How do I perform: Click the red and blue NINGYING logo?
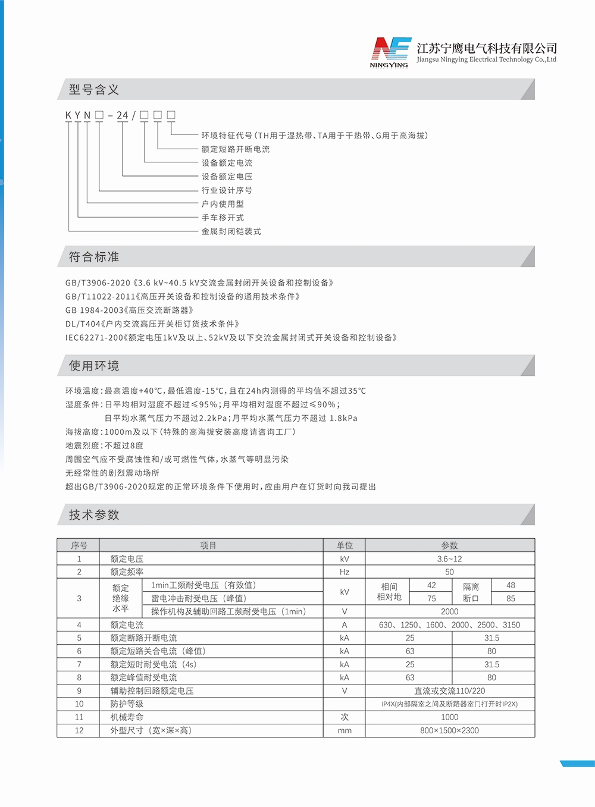tap(390, 52)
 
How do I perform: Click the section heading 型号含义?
tap(94, 90)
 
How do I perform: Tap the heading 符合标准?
tap(94, 257)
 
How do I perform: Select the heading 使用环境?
tap(94, 366)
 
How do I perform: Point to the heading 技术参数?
tap(94, 515)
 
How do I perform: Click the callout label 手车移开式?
tap(223, 218)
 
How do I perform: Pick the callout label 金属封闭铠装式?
tap(231, 231)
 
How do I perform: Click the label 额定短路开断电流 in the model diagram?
tap(235, 149)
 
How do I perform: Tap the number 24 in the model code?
tap(122, 115)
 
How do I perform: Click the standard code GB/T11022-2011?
tap(100, 297)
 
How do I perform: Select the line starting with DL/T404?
tap(152, 324)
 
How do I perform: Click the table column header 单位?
tap(345, 545)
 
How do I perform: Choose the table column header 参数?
tap(449, 545)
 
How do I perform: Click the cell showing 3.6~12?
tap(449, 559)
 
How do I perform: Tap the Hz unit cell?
tap(345, 572)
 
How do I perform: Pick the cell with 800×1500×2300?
tap(449, 730)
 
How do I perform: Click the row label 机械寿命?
tap(127, 717)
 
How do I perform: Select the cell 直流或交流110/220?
tap(449, 691)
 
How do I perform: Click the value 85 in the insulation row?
tap(511, 599)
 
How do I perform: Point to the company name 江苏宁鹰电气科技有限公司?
tap(487, 48)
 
